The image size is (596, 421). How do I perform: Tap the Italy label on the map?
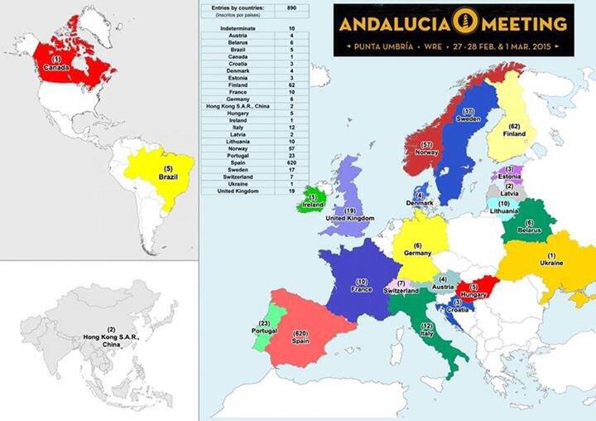pos(427,335)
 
